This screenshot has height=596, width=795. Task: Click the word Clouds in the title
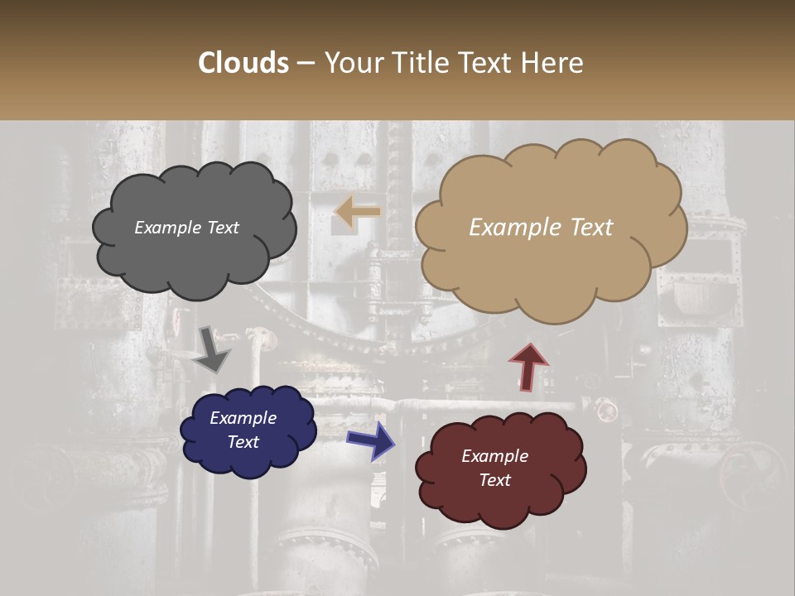point(243,63)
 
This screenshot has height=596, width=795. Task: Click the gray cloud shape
point(194,257)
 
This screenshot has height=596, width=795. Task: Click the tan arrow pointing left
point(357,213)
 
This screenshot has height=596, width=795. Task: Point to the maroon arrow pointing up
point(528,365)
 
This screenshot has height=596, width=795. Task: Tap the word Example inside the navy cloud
point(243,418)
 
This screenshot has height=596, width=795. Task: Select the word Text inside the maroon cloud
point(495,480)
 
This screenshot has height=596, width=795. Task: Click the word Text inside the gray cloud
point(223,228)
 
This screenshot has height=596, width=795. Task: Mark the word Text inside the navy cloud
point(243,442)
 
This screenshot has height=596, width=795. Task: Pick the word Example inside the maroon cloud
point(495,456)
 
